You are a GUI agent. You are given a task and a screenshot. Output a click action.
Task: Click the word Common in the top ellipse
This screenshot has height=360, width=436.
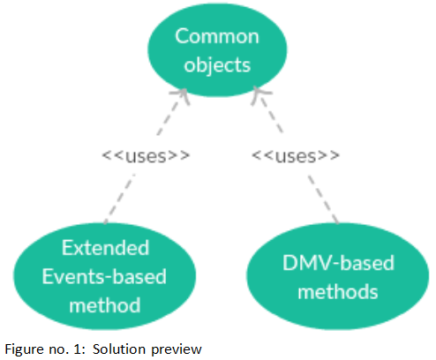(217, 36)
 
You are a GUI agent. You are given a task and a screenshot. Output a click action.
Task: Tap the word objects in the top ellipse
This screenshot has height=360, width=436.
(217, 65)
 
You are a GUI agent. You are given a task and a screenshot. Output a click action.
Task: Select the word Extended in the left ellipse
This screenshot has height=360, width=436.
(105, 248)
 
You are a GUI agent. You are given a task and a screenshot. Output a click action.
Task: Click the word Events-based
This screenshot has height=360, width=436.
(104, 276)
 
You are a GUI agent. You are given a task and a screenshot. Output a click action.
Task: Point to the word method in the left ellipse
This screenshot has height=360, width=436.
(105, 305)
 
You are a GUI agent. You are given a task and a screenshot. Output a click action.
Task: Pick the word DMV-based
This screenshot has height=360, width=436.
(338, 262)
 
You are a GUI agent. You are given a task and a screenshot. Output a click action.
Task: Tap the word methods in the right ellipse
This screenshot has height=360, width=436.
(338, 291)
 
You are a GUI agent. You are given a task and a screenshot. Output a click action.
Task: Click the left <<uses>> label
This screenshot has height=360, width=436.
(146, 156)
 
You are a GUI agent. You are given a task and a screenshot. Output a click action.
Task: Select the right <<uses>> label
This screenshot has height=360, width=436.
(296, 156)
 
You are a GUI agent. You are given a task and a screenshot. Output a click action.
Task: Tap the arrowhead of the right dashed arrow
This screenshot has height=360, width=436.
(259, 94)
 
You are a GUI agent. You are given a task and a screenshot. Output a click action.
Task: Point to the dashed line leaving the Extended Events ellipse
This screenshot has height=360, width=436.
(120, 199)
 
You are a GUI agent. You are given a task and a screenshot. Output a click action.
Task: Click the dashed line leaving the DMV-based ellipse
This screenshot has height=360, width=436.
(323, 199)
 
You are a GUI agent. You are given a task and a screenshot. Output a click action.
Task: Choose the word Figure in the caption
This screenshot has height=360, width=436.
(23, 349)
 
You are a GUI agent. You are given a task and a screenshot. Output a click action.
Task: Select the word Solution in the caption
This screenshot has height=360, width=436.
(119, 349)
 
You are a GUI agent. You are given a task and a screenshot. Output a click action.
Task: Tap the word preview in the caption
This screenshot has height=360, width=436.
(177, 350)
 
